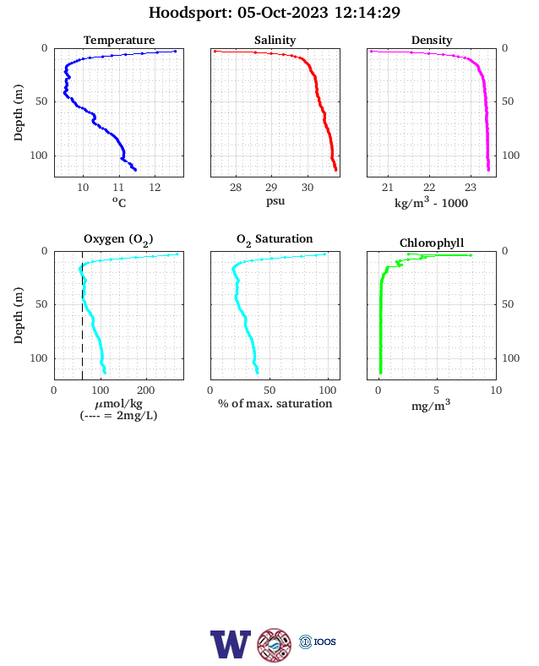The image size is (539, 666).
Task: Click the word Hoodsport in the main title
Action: point(190,13)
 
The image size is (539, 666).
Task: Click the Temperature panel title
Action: point(119,41)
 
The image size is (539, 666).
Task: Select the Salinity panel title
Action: point(275,41)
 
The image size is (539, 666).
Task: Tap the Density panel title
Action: point(432,41)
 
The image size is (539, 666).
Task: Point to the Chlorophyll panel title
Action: point(432,243)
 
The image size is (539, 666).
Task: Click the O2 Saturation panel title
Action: point(275,239)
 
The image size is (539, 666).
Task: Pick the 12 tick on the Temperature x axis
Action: point(155,188)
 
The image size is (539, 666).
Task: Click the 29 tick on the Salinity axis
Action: point(271,188)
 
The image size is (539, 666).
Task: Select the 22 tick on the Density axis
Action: point(429,188)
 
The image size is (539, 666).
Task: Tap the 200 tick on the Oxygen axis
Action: point(146,390)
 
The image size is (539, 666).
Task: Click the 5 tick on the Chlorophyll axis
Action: point(436,390)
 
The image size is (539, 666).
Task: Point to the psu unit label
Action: point(275,201)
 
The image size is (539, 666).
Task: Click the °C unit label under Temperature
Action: point(119,202)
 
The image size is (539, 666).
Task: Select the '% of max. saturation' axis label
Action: point(275,403)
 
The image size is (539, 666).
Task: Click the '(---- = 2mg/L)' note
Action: point(119,415)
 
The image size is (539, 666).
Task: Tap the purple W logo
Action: point(231,644)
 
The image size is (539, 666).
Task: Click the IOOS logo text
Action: point(324,641)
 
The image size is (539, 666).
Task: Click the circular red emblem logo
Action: point(275,645)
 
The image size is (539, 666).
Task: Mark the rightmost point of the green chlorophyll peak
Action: point(471,255)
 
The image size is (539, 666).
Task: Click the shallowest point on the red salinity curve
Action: point(215,51)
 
